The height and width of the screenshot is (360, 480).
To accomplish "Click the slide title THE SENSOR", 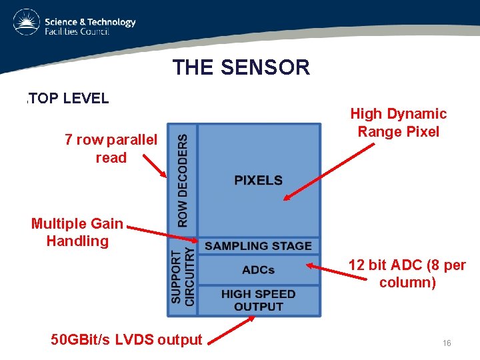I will point(241,67).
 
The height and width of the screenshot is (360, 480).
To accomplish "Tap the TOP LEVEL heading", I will point(67,99).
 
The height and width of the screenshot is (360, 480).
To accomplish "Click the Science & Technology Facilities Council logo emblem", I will point(26,23).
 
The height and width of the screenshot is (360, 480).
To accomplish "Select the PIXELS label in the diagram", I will point(258,180).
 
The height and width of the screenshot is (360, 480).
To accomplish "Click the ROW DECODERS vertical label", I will point(183,178).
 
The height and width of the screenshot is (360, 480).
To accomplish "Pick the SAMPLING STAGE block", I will point(258,246).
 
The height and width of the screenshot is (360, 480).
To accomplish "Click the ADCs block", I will point(258,270).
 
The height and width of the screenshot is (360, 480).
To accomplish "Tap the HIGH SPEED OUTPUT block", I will point(258,300).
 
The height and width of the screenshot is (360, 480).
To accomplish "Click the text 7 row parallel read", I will point(111,149).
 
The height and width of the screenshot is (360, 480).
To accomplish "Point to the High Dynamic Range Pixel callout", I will point(398,123).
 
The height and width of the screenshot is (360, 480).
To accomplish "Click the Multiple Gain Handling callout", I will point(77,232).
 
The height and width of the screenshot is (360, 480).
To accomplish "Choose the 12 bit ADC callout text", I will point(407,273).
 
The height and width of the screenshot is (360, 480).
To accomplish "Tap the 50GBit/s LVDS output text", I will point(126,339).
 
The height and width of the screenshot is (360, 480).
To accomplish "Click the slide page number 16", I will point(447,343).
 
